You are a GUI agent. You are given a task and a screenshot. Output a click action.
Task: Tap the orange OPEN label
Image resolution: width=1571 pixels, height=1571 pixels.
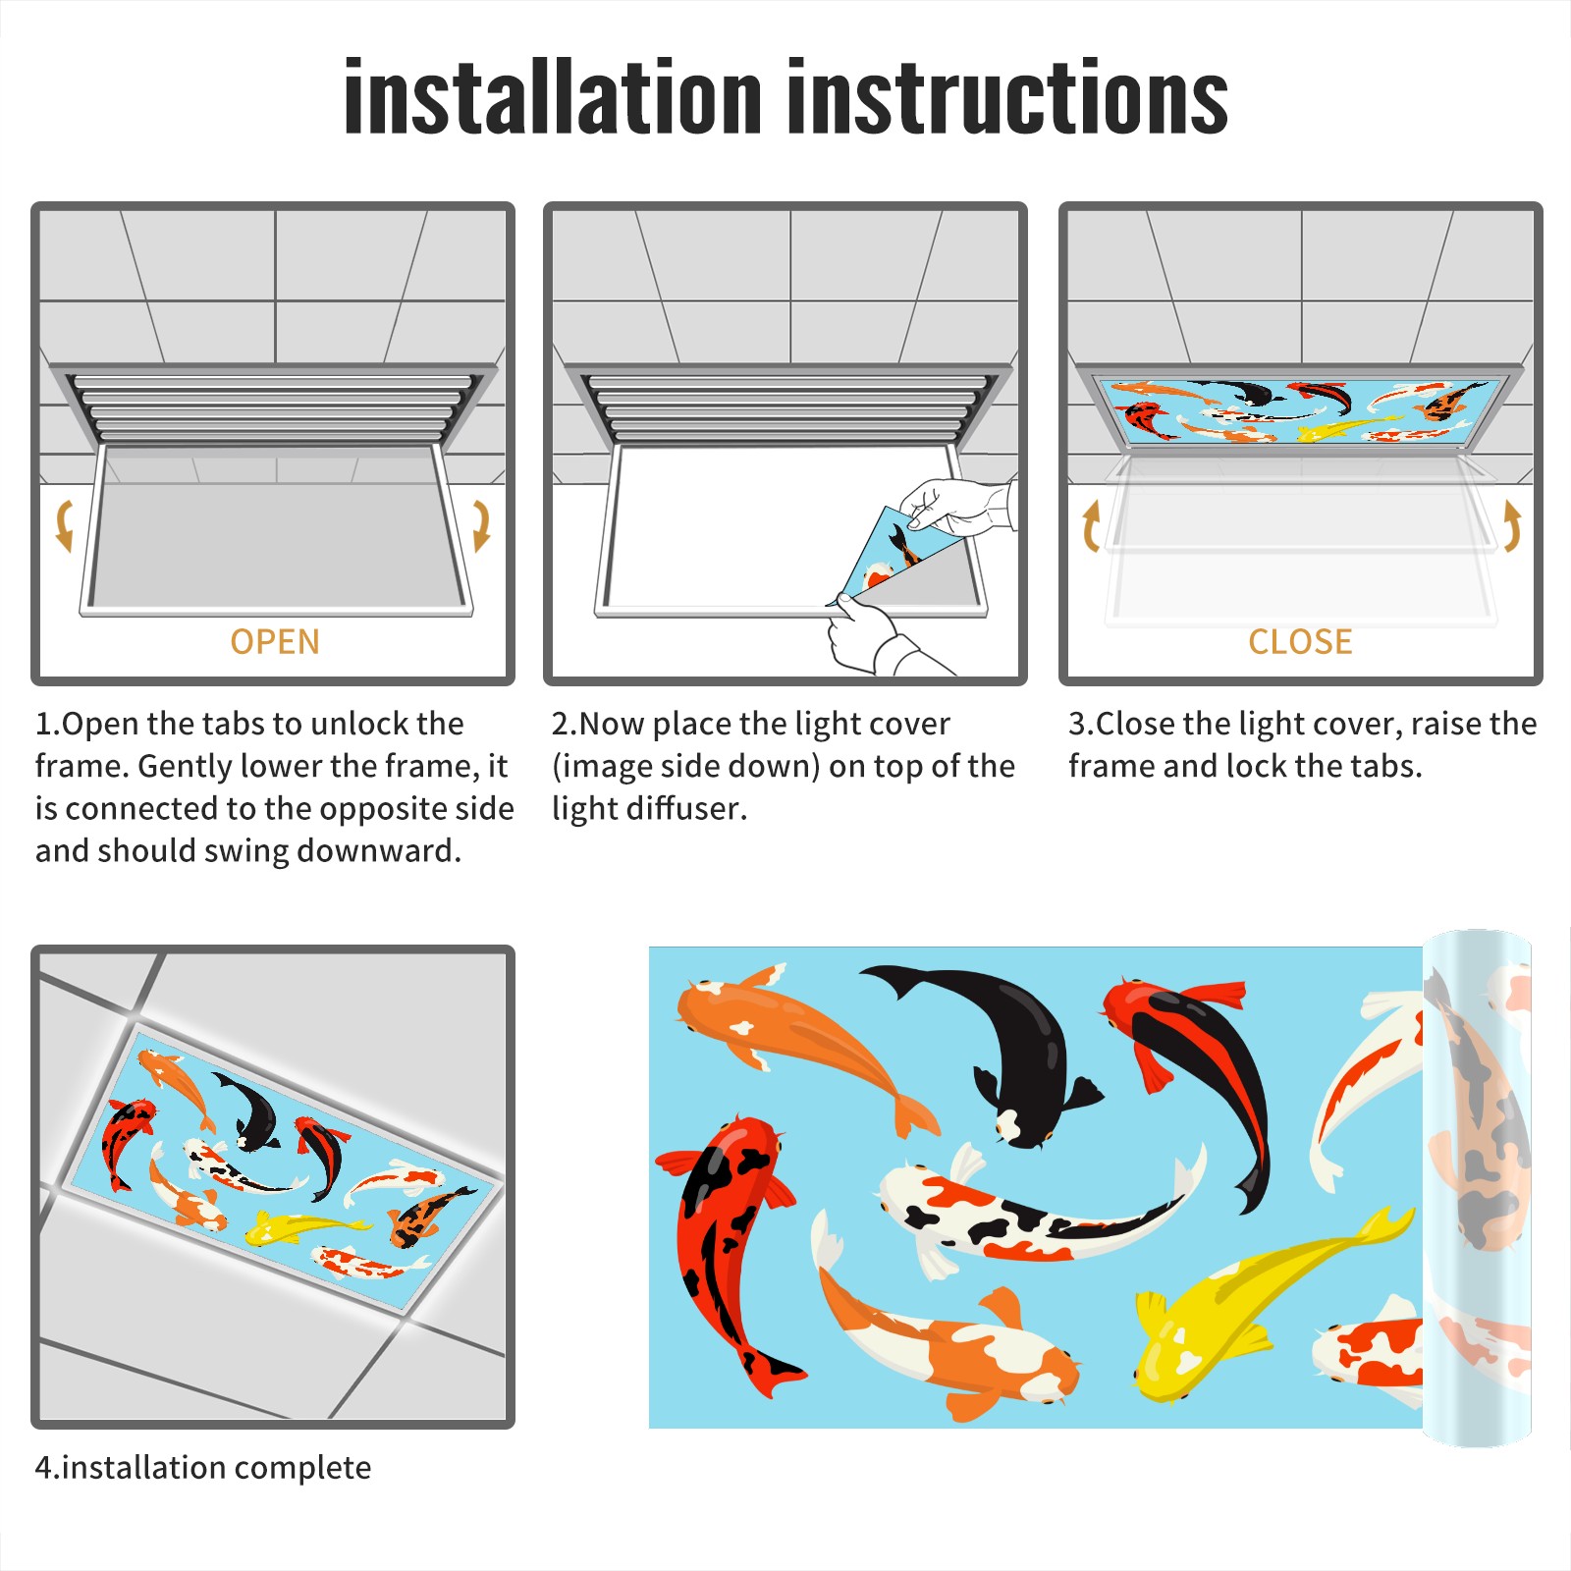[x=275, y=642]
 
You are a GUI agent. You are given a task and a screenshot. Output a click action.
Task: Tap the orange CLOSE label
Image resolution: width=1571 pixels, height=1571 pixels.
[x=1300, y=642]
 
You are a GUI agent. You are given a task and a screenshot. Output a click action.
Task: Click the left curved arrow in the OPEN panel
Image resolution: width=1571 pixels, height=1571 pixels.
[x=65, y=525]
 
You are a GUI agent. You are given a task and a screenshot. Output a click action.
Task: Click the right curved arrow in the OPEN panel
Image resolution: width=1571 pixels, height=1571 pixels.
[x=481, y=525]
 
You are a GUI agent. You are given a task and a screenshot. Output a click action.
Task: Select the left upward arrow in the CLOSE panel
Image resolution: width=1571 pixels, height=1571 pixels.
[x=1091, y=525]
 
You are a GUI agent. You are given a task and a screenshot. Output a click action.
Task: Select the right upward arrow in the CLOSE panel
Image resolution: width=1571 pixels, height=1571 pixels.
[x=1512, y=525]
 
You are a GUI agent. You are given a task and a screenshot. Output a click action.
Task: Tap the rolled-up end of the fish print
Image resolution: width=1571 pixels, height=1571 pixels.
[x=1477, y=1188]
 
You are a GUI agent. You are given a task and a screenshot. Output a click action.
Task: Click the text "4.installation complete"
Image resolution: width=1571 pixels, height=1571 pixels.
[x=203, y=1467]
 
